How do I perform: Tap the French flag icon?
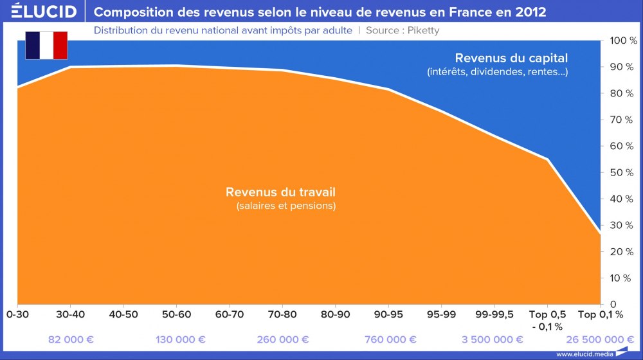(x=46, y=46)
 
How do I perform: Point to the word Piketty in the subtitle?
(x=422, y=30)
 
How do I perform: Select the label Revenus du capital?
(x=511, y=59)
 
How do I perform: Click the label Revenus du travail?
(x=280, y=192)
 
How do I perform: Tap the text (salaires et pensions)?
(x=286, y=206)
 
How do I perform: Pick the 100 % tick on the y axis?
(x=623, y=40)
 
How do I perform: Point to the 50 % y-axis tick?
(x=622, y=172)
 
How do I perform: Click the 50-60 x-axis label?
(x=176, y=314)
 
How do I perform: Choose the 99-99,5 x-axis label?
(x=494, y=314)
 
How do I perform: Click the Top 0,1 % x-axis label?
(x=601, y=314)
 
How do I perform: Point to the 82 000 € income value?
(x=70, y=339)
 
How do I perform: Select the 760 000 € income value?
(x=388, y=339)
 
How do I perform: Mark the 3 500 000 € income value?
(x=493, y=339)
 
